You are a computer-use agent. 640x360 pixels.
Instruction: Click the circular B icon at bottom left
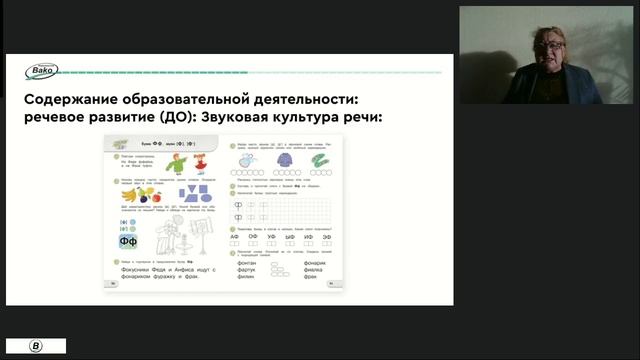pos(36,346)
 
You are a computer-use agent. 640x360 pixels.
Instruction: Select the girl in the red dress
pos(199,163)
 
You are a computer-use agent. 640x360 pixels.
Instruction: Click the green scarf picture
pos(319,160)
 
